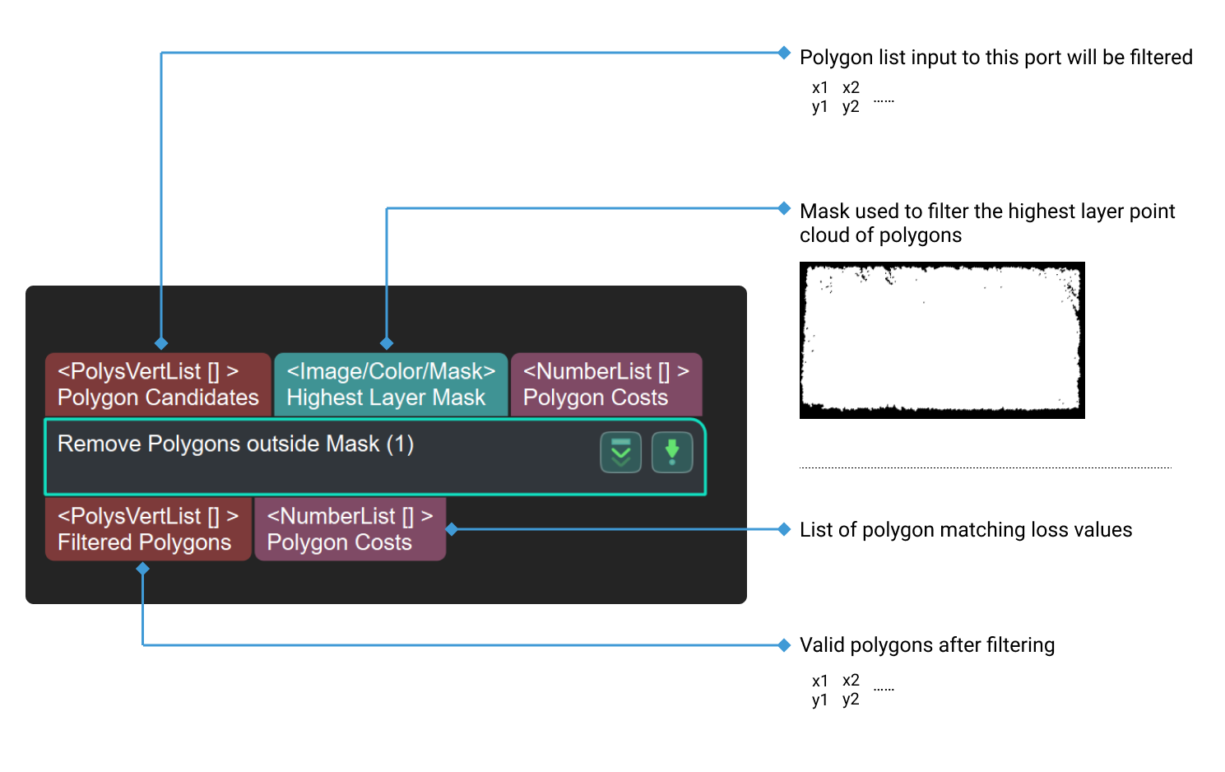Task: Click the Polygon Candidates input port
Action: [158, 385]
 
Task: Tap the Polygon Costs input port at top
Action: [606, 385]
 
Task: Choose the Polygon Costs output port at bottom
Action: [350, 529]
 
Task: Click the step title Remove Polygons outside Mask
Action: [235, 444]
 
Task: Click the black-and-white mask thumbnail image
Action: [942, 340]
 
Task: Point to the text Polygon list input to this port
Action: [995, 58]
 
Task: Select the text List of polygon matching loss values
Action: [965, 530]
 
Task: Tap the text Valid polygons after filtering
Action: [926, 645]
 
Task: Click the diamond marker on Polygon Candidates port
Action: [161, 343]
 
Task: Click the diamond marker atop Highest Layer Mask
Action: [387, 343]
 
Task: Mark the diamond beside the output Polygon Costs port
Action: [451, 529]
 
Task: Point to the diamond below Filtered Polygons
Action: [143, 569]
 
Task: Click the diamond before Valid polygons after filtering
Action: [784, 645]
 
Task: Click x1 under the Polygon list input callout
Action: [819, 88]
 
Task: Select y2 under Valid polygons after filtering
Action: [851, 700]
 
